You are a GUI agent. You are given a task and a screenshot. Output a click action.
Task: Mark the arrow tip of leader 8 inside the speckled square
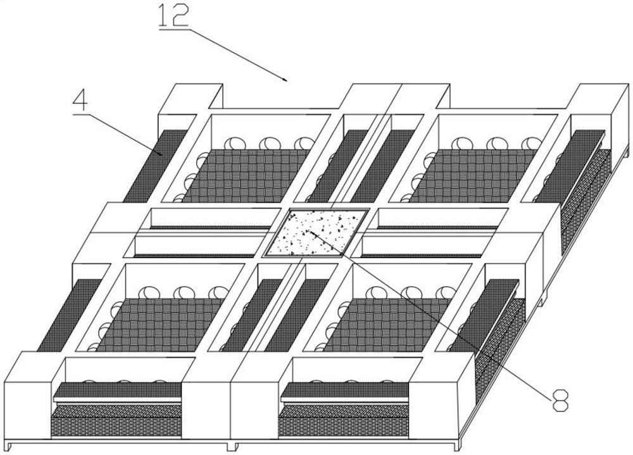pyautogui.click(x=306, y=231)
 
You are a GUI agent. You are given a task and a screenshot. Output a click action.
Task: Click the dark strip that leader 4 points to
pyautogui.click(x=155, y=166)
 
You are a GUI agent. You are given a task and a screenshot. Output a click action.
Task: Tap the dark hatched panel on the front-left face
pyautogui.click(x=117, y=420)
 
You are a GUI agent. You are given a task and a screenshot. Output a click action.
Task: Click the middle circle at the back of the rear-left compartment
pyautogui.click(x=270, y=144)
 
